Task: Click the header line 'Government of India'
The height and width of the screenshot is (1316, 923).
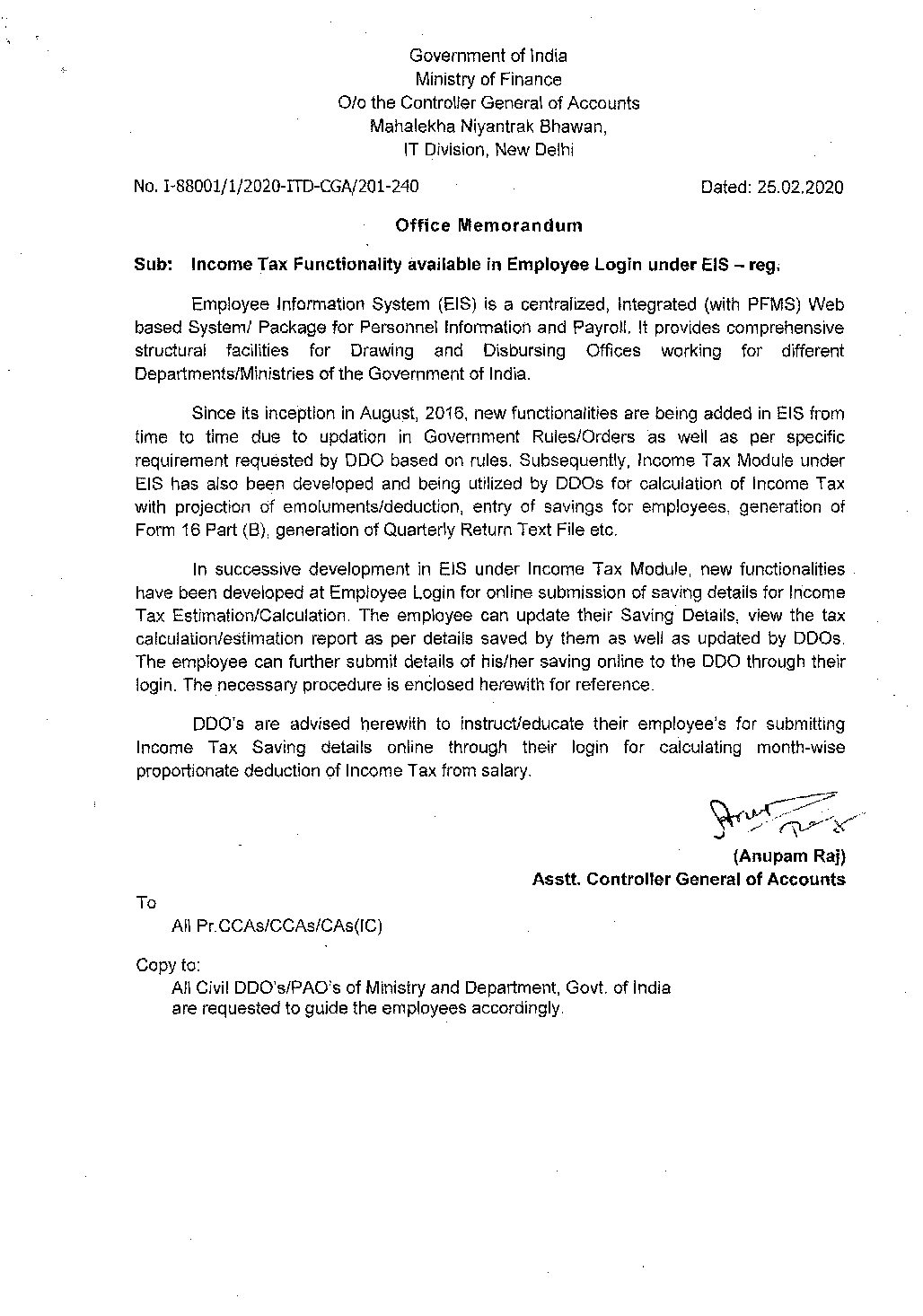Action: pyautogui.click(x=488, y=56)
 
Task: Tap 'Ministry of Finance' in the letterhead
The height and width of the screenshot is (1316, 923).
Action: pyautogui.click(x=488, y=79)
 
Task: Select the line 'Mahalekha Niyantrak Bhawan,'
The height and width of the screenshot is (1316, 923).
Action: pyautogui.click(x=488, y=127)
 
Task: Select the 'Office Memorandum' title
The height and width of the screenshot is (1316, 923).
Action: pyautogui.click(x=488, y=225)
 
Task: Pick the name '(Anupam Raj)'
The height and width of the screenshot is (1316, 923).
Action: pyautogui.click(x=788, y=856)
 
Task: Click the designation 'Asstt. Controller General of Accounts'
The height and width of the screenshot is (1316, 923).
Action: pyautogui.click(x=688, y=880)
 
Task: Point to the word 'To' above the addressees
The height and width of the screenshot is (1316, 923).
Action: pyautogui.click(x=145, y=903)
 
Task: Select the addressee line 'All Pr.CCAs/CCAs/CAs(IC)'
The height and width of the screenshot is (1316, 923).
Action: pyautogui.click(x=277, y=926)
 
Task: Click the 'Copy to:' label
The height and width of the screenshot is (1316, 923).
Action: pyautogui.click(x=168, y=965)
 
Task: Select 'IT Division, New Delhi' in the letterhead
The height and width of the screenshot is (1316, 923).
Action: pyautogui.click(x=488, y=150)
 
